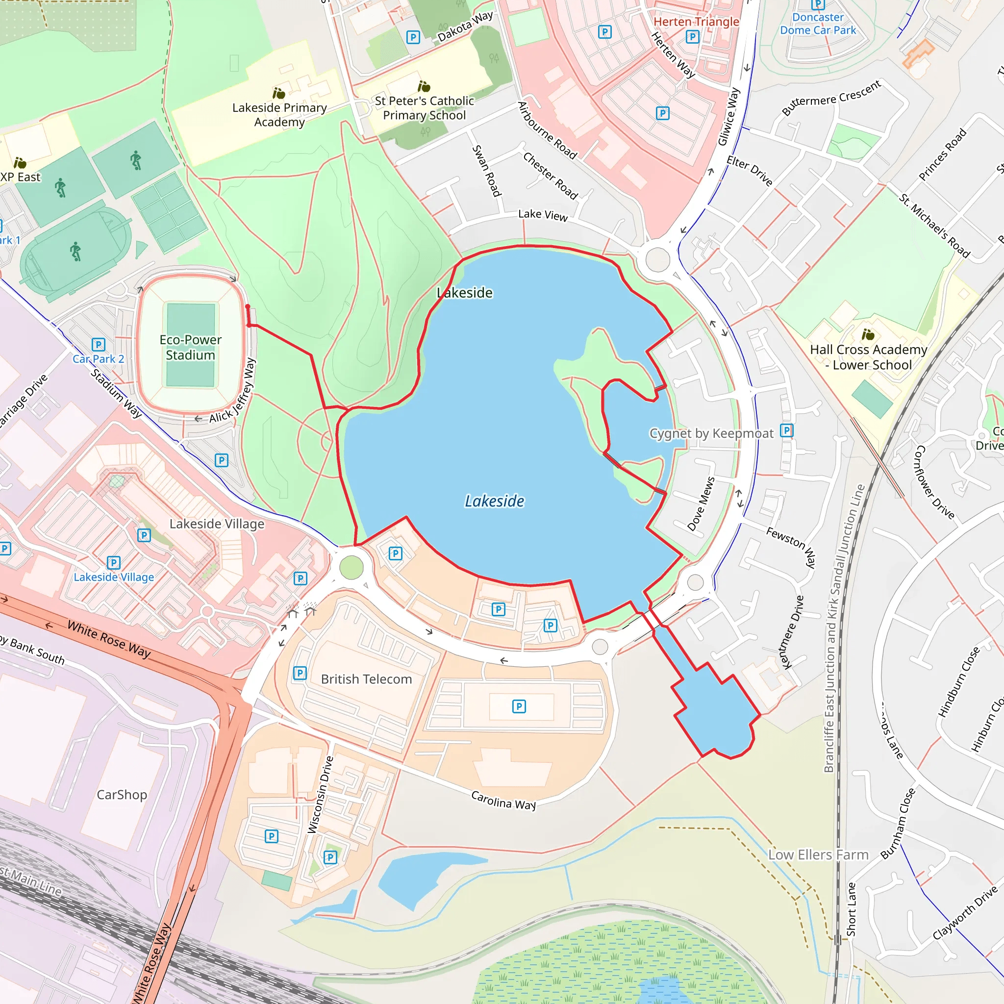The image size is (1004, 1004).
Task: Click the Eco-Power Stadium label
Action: click(x=190, y=347)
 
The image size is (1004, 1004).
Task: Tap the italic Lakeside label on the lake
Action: click(x=494, y=501)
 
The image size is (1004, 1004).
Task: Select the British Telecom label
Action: click(x=366, y=679)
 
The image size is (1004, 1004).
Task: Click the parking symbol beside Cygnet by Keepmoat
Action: click(x=786, y=430)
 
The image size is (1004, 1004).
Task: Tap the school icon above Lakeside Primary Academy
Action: click(x=279, y=93)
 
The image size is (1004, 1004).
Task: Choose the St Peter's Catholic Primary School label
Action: click(x=424, y=108)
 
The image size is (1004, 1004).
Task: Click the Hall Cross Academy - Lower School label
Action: click(x=868, y=357)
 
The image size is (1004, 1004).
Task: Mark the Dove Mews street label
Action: click(x=701, y=503)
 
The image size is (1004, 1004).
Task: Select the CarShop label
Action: click(x=122, y=795)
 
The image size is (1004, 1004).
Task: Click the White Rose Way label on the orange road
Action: click(x=109, y=640)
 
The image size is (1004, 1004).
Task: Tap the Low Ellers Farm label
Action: click(x=819, y=855)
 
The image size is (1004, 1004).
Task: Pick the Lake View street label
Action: click(x=543, y=215)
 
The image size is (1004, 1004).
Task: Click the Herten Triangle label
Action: click(x=696, y=22)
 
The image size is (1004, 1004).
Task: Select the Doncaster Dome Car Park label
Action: click(x=818, y=24)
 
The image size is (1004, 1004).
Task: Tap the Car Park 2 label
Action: click(x=98, y=359)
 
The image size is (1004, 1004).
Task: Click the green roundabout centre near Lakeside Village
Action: click(x=351, y=567)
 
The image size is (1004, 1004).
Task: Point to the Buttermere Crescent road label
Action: click(x=831, y=97)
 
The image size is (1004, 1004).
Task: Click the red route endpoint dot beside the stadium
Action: click(x=248, y=307)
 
